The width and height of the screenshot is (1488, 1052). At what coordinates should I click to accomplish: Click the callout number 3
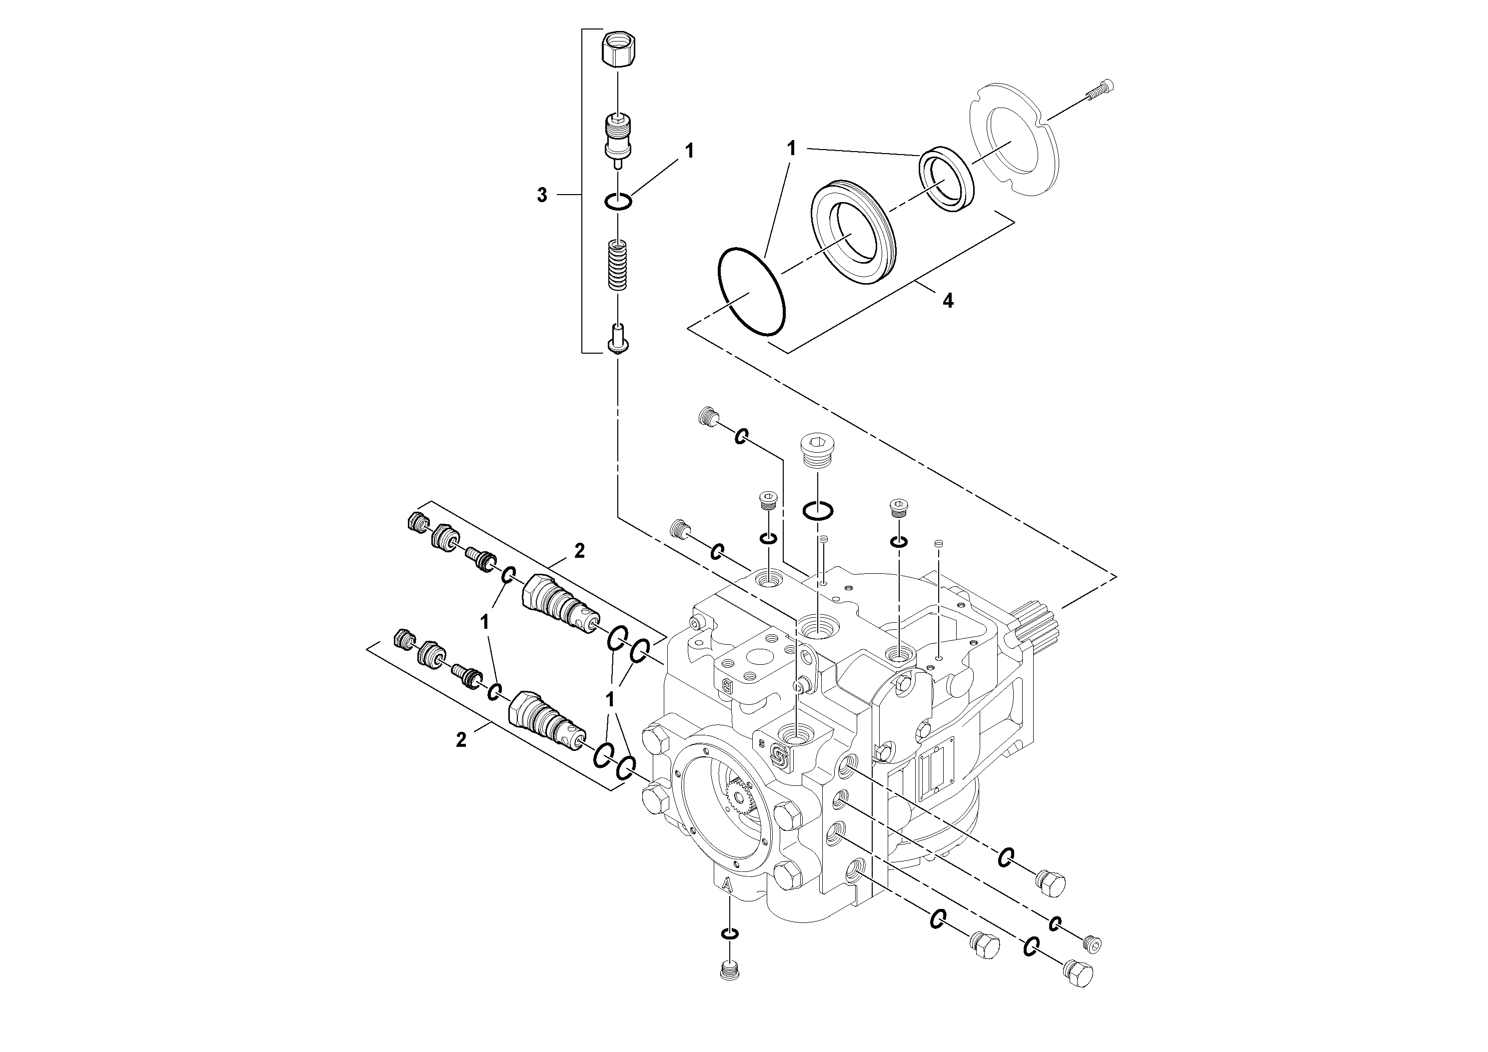542,195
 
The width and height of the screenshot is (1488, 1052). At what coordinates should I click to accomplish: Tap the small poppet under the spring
618,339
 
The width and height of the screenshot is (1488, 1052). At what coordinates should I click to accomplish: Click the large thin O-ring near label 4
752,291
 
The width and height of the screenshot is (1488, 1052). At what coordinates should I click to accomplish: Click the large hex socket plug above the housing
819,450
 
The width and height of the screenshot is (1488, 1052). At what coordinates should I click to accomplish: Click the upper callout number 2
579,551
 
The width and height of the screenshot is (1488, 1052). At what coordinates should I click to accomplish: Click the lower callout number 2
461,740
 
